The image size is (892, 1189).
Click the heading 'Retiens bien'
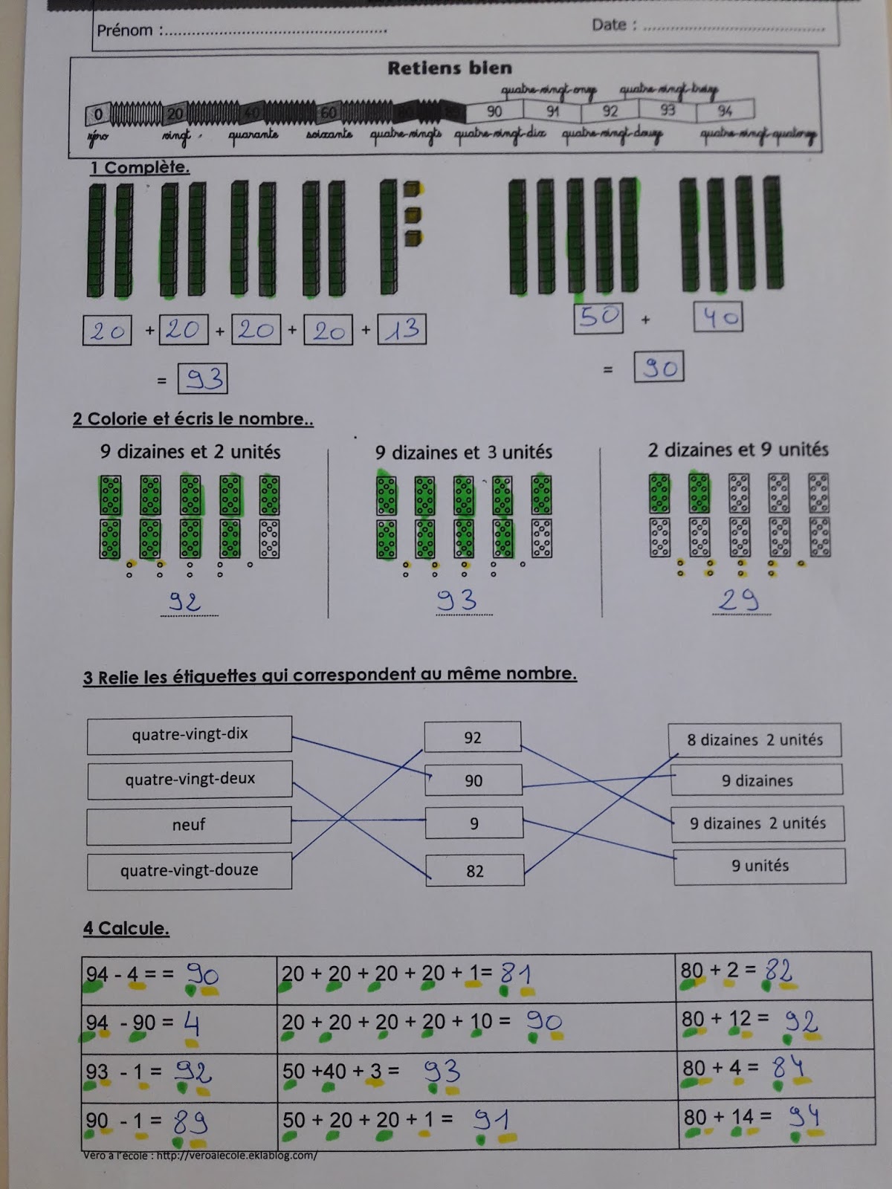click(x=450, y=68)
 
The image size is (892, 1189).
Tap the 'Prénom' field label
click(x=125, y=30)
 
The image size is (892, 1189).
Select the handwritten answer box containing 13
click(x=402, y=330)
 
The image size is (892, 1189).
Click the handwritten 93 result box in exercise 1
click(x=203, y=379)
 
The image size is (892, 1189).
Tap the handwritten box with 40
click(x=718, y=318)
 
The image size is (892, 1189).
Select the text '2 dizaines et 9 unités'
click(x=738, y=450)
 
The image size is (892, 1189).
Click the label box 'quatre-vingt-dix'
click(x=190, y=734)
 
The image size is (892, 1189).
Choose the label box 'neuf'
click(x=189, y=825)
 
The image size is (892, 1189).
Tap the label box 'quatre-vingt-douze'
click(x=190, y=871)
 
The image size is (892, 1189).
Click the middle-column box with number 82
click(x=474, y=871)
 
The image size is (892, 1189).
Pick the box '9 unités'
click(x=759, y=866)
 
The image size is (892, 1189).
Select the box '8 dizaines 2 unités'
click(x=754, y=740)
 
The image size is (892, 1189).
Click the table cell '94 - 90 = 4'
click(x=178, y=1025)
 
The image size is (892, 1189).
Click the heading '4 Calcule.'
click(x=126, y=928)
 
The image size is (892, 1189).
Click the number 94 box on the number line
click(x=725, y=111)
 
